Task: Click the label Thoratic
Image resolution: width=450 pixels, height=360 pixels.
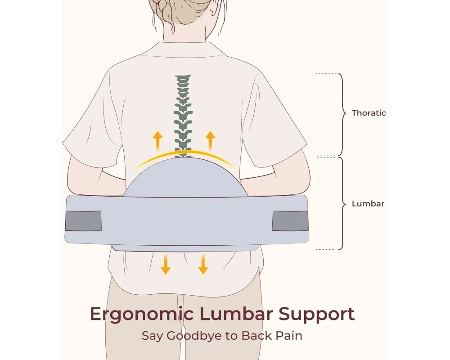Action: point(369,113)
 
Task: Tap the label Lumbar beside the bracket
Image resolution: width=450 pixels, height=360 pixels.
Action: point(368,203)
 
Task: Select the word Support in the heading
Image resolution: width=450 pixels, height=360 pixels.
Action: point(316,315)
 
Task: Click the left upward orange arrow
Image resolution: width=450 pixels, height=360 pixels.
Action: point(157,141)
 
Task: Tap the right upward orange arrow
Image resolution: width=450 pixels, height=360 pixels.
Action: point(210,141)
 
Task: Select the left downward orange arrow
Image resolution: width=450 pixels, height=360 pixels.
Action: point(165,264)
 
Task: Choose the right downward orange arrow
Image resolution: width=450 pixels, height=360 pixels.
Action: point(203,264)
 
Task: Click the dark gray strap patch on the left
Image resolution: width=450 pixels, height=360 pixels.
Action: point(83,221)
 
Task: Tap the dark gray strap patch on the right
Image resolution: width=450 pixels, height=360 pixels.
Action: point(290,221)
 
